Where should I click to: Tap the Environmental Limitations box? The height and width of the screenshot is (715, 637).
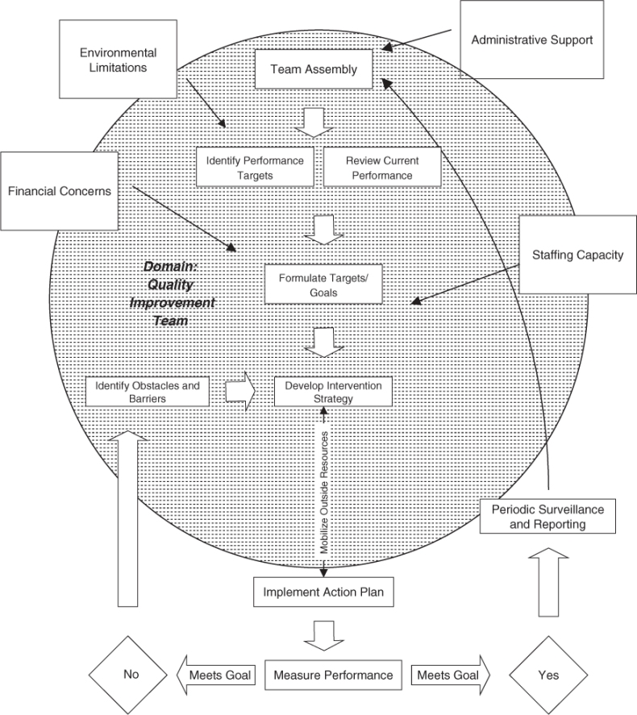click(x=118, y=60)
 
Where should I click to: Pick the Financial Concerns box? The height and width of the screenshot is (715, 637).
click(x=59, y=191)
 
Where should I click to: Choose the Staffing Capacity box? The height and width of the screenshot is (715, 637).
click(x=577, y=256)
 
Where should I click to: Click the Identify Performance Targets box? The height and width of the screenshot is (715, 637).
click(x=255, y=167)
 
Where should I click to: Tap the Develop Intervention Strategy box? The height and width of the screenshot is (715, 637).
click(x=333, y=391)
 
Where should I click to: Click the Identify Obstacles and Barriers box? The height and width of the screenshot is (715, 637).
click(x=147, y=391)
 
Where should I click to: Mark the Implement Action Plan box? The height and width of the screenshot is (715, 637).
click(x=324, y=593)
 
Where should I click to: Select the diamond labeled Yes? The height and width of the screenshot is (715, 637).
click(x=547, y=676)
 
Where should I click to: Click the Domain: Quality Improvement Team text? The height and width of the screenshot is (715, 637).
click(x=172, y=293)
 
